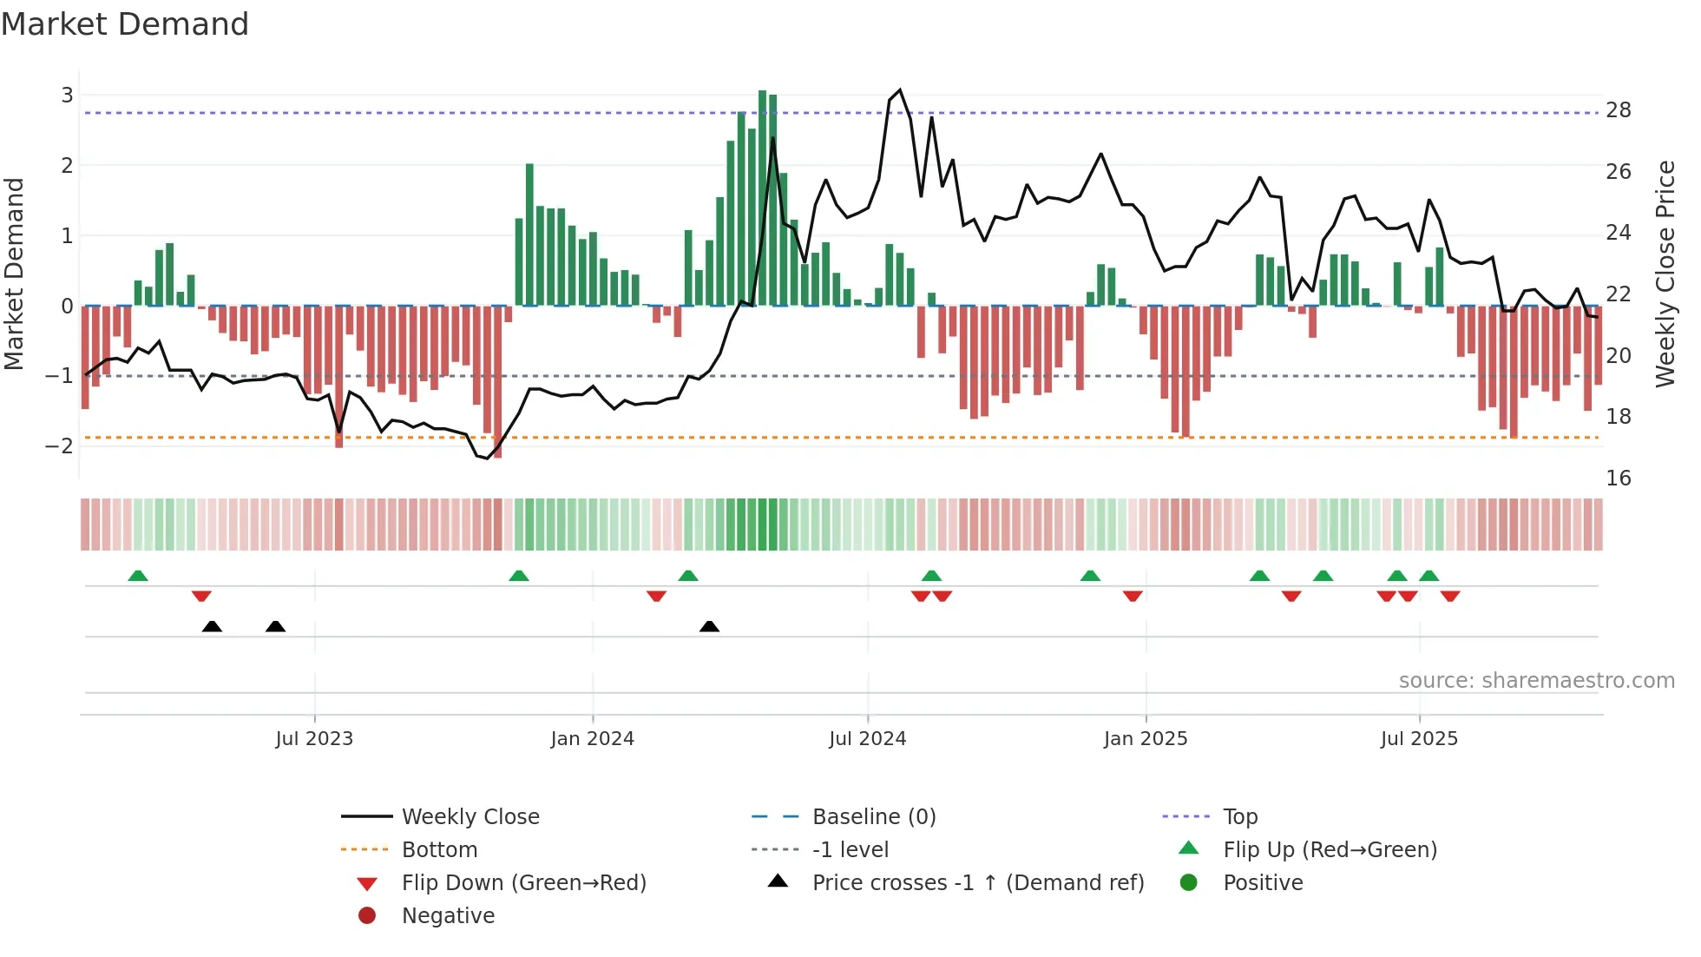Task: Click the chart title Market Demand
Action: coord(125,24)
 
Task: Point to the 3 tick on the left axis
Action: coord(67,95)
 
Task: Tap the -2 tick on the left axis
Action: coord(60,446)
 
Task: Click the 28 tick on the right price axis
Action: coord(1618,110)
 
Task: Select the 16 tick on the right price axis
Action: coord(1618,478)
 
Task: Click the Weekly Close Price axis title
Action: coord(1665,274)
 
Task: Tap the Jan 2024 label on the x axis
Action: coord(592,739)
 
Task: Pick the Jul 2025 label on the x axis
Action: coord(1419,739)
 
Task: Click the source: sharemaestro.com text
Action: coord(1536,681)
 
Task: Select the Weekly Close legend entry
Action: coord(470,817)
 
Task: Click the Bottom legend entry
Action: coord(439,850)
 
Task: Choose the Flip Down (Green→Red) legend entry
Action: coord(523,883)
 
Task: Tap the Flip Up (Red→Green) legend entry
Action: coord(1330,850)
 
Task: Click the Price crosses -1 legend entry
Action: coord(977,883)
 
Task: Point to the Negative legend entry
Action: coord(448,916)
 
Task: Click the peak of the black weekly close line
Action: coord(899,90)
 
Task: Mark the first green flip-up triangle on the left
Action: coord(137,576)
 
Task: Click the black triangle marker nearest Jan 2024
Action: coord(709,626)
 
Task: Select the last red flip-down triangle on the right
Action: coord(1450,596)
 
